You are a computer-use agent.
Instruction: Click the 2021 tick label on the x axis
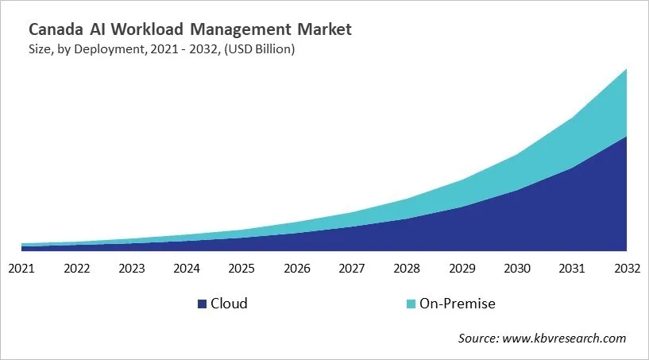(x=21, y=268)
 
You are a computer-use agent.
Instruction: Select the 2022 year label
(x=77, y=268)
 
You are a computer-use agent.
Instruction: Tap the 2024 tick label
(x=187, y=268)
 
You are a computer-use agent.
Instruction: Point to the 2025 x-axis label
(x=241, y=268)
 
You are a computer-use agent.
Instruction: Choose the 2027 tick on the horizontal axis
(x=352, y=268)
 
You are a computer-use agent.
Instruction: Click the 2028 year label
(x=407, y=268)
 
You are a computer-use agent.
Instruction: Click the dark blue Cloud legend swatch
(x=202, y=304)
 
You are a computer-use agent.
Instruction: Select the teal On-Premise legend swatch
(x=410, y=304)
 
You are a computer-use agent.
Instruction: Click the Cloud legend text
(x=229, y=304)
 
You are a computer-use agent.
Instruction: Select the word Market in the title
(x=322, y=30)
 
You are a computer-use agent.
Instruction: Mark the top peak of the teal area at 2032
(x=626, y=70)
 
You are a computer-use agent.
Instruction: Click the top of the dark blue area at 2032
(x=626, y=137)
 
